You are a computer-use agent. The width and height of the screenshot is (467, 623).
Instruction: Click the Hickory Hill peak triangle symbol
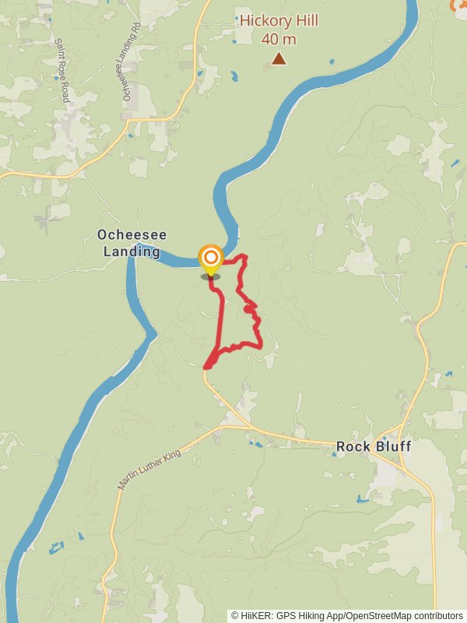pos(279,58)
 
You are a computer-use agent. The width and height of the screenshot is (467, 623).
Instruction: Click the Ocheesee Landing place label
pos(132,243)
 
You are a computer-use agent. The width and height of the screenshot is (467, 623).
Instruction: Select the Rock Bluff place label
pos(373,446)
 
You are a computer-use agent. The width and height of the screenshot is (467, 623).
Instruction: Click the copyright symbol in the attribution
pos(235,615)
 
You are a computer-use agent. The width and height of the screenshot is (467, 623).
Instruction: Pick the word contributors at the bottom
pos(437,615)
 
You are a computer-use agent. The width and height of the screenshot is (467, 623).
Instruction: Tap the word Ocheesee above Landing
pos(132,234)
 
